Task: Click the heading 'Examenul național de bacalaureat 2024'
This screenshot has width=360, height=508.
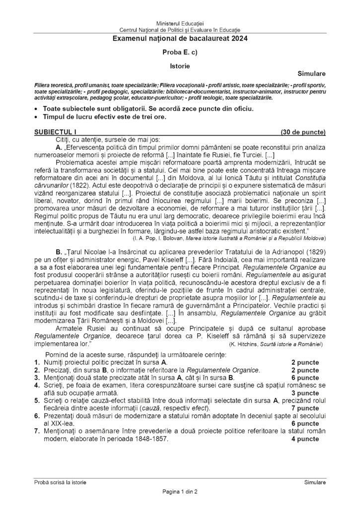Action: (180, 38)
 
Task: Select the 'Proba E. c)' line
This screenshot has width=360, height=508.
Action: (180, 52)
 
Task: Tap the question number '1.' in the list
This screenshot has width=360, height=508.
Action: (37, 363)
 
